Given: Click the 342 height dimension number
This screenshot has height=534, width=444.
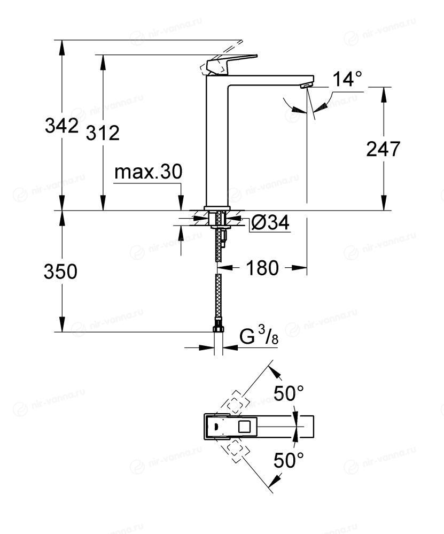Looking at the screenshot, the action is tap(61, 126).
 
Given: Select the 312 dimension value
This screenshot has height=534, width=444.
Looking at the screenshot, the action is tap(103, 133).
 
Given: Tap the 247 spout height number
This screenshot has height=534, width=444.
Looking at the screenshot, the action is tap(383, 149).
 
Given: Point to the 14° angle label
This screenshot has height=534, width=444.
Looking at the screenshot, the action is tap(347, 79).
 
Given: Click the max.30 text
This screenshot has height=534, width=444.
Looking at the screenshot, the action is tap(148, 172).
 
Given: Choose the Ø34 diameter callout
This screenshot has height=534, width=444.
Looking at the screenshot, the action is tap(270, 223).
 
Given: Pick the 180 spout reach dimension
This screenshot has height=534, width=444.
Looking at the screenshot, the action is tap(262, 268).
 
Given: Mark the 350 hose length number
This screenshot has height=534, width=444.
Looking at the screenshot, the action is tap(60, 272).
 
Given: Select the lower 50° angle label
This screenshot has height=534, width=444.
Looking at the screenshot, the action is tap(289, 460).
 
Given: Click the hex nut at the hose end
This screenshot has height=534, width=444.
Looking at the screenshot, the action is tap(218, 329).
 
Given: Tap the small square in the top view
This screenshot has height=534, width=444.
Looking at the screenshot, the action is tap(244, 427).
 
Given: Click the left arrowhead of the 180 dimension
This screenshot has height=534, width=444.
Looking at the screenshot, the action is tap(228, 268).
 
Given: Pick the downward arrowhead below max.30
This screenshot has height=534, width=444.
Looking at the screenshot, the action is tap(181, 204).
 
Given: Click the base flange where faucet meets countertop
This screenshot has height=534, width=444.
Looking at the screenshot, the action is tap(217, 208).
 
